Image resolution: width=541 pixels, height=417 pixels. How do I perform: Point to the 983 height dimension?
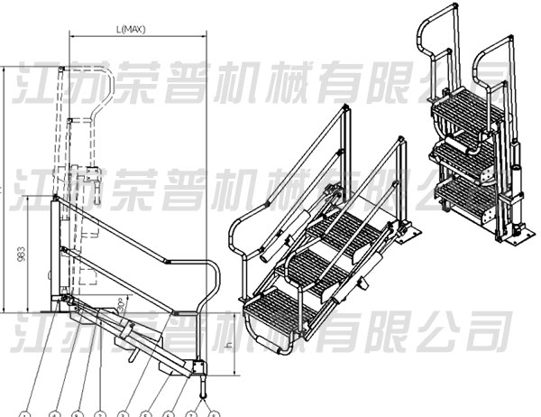(x=21, y=255)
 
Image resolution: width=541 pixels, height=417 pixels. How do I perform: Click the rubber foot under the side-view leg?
(x=203, y=387)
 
